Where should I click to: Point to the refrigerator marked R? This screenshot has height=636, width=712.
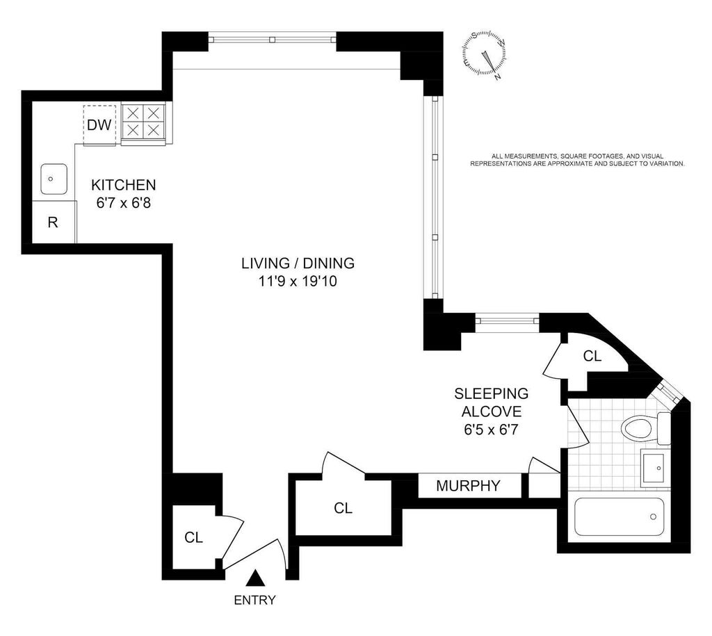pos(52,223)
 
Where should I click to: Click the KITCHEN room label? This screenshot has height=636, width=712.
pos(124,186)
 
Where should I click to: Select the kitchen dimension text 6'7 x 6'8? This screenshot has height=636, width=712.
pos(124,204)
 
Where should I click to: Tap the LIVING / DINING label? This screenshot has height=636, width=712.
pos(298,263)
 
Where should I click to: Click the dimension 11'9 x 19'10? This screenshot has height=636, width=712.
pos(298,282)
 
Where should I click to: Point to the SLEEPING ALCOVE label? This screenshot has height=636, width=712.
pos(492,402)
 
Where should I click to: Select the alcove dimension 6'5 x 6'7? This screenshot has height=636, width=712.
pos(492,430)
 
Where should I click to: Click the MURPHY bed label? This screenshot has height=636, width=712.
pos(468,486)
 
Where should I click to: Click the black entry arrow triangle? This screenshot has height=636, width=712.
pos(256,578)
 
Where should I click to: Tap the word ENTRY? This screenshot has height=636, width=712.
pos(255,601)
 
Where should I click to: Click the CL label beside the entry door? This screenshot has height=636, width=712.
pos(193,537)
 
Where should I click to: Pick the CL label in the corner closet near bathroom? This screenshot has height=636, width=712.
pos(592,357)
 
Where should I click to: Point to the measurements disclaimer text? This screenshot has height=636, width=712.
pos(578,160)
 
